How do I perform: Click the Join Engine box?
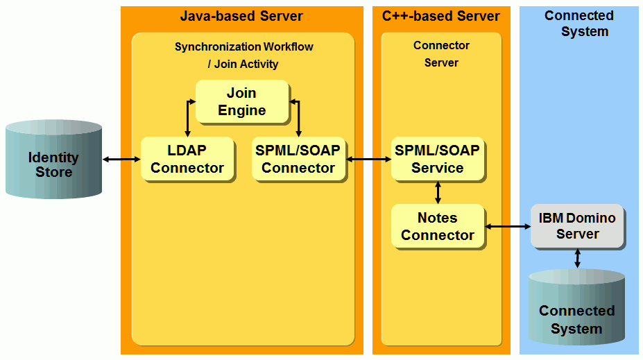pos(241,102)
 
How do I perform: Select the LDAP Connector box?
pos(187,159)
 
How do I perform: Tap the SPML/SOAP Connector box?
pos(298,159)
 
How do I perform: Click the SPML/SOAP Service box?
pos(437,159)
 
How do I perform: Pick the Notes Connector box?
pos(437,226)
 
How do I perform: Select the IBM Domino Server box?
pos(577,226)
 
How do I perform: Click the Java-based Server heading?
pos(241,16)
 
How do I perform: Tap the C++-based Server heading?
pos(440,16)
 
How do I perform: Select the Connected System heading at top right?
pos(578,24)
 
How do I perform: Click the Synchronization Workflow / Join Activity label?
pos(243,55)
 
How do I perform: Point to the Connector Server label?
pos(441,54)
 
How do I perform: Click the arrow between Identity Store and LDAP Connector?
pos(121,160)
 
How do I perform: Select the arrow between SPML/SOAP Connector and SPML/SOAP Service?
pos(369,160)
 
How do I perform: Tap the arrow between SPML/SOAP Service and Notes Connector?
pos(438,192)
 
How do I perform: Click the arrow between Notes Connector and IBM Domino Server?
pos(508,226)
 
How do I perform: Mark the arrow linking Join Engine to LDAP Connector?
pos(187,117)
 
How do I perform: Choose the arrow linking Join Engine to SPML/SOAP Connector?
pos(298,117)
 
